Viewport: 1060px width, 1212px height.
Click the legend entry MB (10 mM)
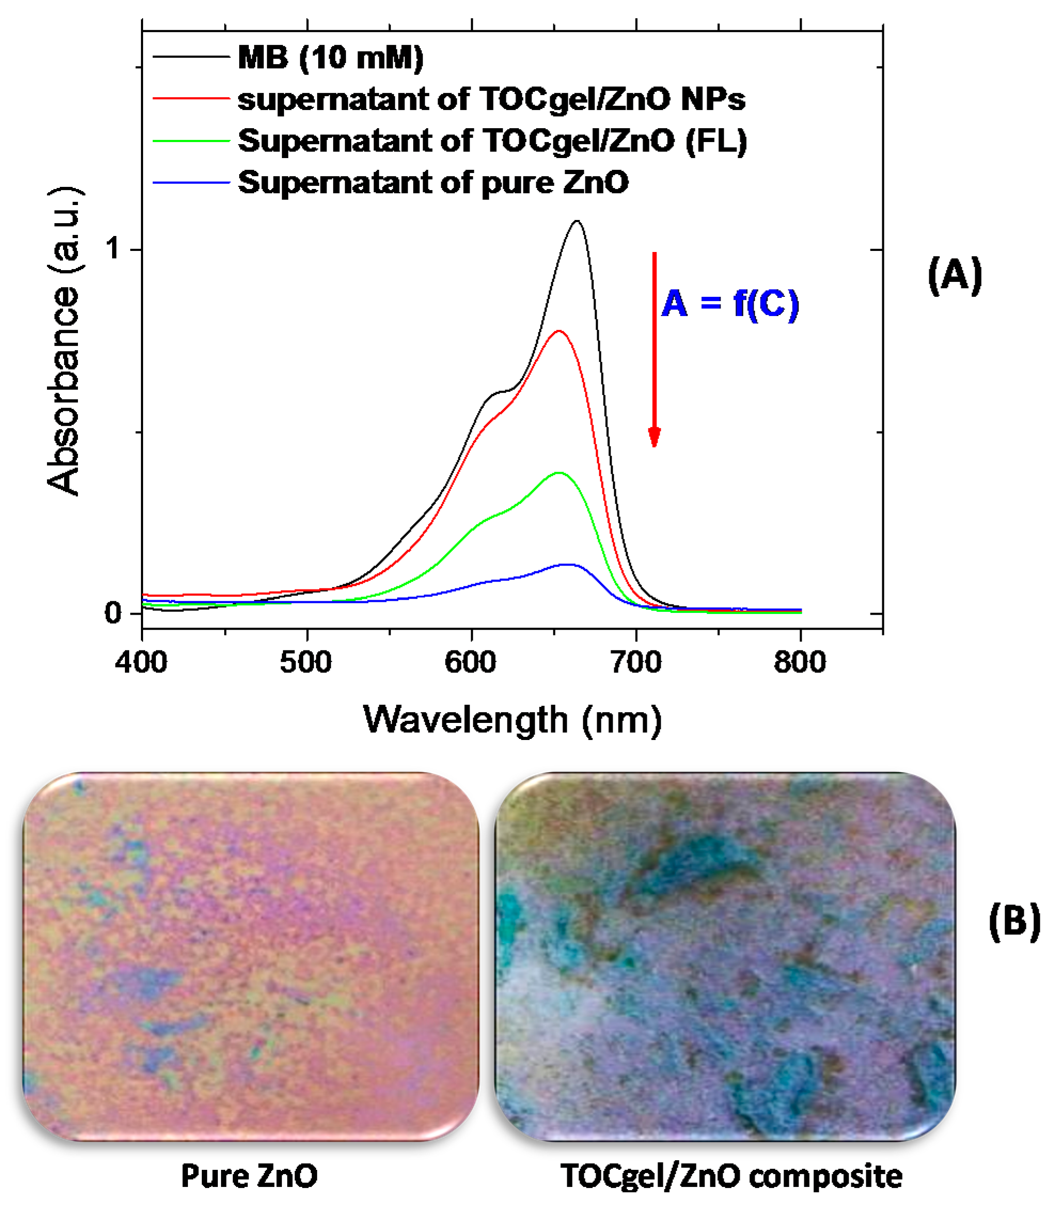[x=330, y=58]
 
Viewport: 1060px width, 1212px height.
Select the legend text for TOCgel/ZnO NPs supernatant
[x=491, y=99]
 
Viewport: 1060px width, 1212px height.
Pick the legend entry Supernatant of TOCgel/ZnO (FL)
[x=492, y=141]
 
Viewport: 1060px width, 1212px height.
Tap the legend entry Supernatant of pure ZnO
[x=433, y=182]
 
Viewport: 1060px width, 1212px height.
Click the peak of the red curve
[x=558, y=331]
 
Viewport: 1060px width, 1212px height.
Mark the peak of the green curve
[x=558, y=473]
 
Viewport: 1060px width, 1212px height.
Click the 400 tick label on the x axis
[x=141, y=662]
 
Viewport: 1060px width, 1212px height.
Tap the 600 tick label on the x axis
[x=471, y=662]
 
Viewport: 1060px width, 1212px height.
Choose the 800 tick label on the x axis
[x=800, y=662]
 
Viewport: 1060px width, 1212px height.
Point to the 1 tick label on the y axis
[x=113, y=249]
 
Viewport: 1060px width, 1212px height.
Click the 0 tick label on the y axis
[x=113, y=613]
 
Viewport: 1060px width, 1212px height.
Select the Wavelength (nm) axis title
[x=512, y=720]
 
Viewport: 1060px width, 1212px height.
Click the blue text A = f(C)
[x=730, y=304]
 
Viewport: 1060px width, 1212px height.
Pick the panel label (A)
[x=955, y=276]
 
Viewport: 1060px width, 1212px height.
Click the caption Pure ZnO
[x=249, y=1176]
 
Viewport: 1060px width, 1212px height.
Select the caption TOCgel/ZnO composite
[x=731, y=1176]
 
